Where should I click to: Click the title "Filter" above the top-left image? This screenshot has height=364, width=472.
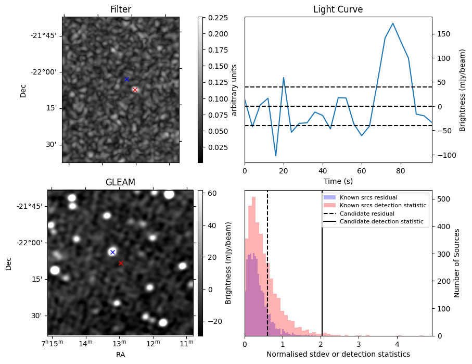(121, 9)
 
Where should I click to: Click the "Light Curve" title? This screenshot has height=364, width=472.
(338, 9)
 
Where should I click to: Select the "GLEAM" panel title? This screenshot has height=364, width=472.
(120, 182)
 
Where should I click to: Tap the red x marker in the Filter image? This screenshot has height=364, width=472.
(135, 90)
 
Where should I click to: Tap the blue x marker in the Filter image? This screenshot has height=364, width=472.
(126, 79)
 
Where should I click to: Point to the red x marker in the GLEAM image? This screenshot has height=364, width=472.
(121, 263)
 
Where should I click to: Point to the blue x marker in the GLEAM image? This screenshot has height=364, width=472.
(112, 252)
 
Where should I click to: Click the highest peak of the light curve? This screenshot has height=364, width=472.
(393, 23)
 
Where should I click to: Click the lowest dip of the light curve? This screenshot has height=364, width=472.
(276, 156)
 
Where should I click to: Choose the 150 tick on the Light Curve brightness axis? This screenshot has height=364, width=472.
(444, 34)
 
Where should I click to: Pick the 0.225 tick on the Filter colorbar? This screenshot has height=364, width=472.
(214, 18)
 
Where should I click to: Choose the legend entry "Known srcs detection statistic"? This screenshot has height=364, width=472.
(382, 206)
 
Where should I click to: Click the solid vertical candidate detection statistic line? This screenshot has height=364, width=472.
(322, 271)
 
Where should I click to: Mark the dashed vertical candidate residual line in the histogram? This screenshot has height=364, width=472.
(267, 271)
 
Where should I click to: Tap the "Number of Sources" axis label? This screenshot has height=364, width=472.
(457, 263)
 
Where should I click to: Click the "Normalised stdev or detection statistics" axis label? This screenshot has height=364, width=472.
(338, 354)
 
